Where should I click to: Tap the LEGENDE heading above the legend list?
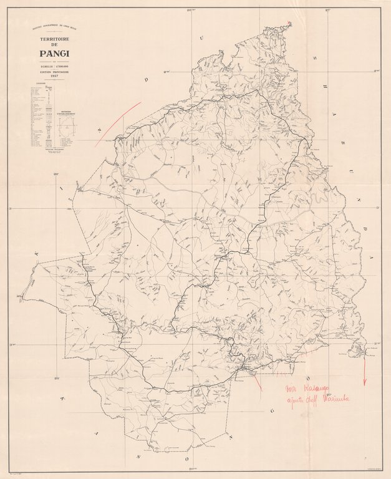[x=39, y=84]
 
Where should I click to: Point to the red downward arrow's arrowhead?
[x=365, y=382]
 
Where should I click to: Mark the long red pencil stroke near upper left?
[x=118, y=124]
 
